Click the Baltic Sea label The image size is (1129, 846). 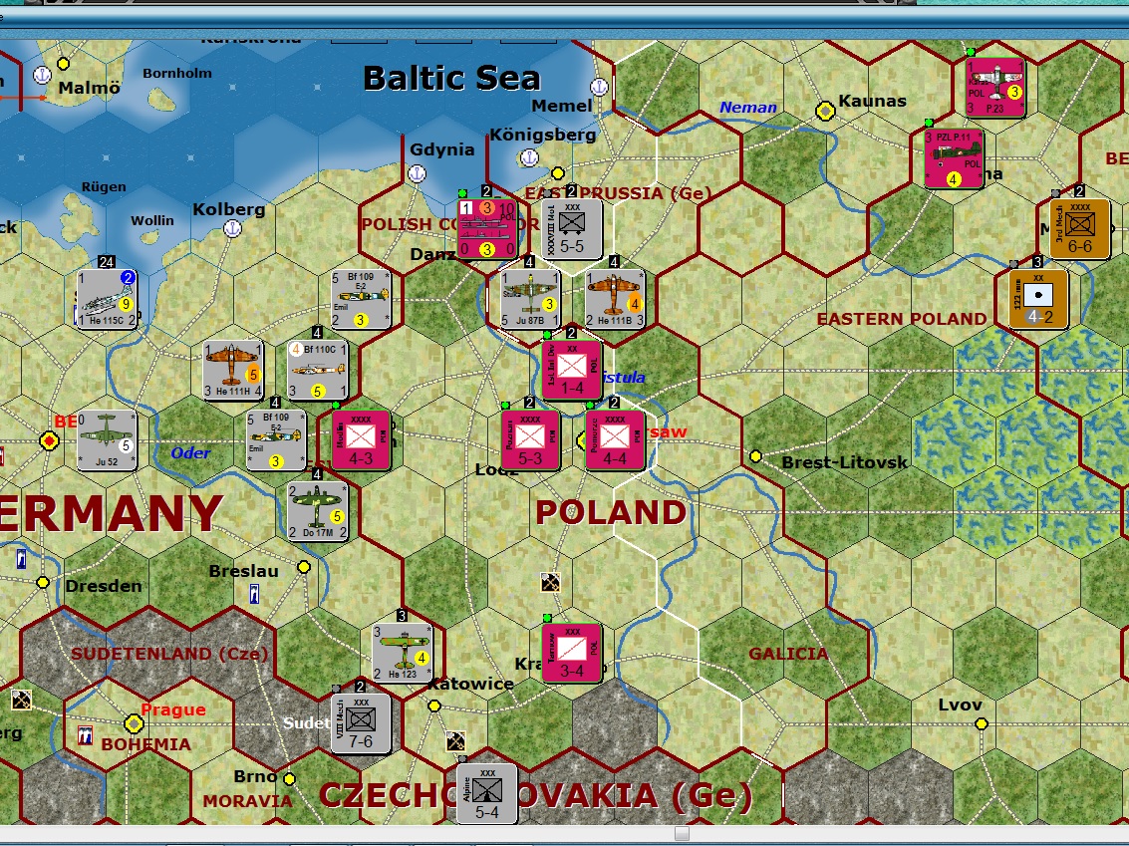[451, 78]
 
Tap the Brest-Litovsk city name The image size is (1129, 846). [844, 462]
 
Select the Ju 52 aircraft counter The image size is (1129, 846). [107, 440]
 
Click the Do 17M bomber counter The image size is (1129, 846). [317, 511]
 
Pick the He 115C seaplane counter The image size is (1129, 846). [107, 299]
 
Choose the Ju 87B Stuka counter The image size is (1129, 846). [530, 299]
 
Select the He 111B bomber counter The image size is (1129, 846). [615, 299]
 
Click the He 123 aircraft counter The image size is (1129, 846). [402, 653]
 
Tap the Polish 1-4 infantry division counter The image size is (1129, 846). [572, 370]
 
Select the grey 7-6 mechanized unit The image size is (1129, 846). [361, 722]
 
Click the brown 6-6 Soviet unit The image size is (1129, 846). [1080, 228]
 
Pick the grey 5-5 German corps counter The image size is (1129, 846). [572, 228]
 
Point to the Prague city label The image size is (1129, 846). [173, 709]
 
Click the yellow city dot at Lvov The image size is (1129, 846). [981, 723]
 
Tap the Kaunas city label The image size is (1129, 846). [873, 101]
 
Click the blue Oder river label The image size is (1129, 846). [190, 453]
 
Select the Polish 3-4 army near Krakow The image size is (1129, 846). [572, 653]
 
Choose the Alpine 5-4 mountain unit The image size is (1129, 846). [487, 793]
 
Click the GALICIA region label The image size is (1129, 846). [788, 654]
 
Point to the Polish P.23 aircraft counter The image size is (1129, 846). [995, 88]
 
